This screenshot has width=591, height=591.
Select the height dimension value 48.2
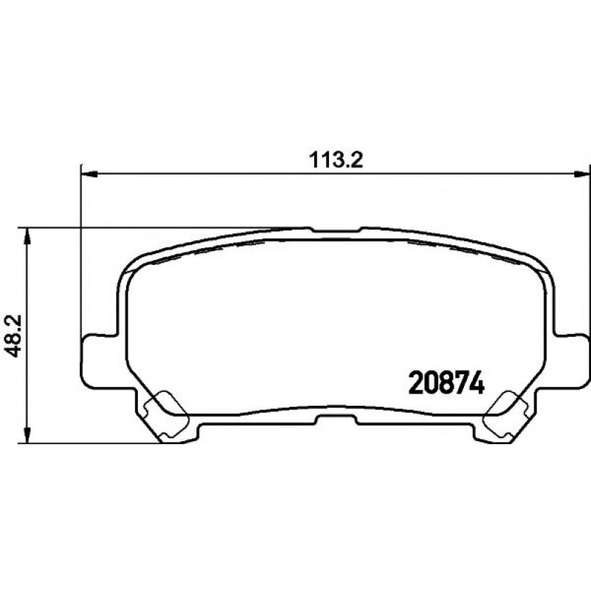coord(10,336)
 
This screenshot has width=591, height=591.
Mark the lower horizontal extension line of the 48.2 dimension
coord(88,443)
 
